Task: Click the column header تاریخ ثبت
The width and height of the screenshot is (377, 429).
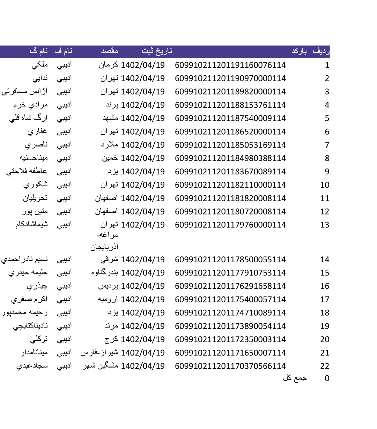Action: tap(157, 51)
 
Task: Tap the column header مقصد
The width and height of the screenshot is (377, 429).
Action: tap(110, 51)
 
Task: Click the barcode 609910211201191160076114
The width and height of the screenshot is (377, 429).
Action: tap(230, 65)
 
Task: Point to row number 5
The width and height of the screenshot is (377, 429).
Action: tap(327, 118)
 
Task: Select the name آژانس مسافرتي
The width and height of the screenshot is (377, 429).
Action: tap(24, 92)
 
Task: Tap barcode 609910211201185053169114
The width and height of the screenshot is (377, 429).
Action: tap(230, 145)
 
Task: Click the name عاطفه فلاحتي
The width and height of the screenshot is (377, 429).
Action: tap(27, 172)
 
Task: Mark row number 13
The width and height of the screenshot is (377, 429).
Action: tap(325, 225)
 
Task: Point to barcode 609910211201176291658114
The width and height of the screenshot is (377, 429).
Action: tap(230, 286)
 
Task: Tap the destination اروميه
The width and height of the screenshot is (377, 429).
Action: tap(108, 299)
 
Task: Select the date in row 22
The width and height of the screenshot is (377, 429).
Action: tap(142, 366)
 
